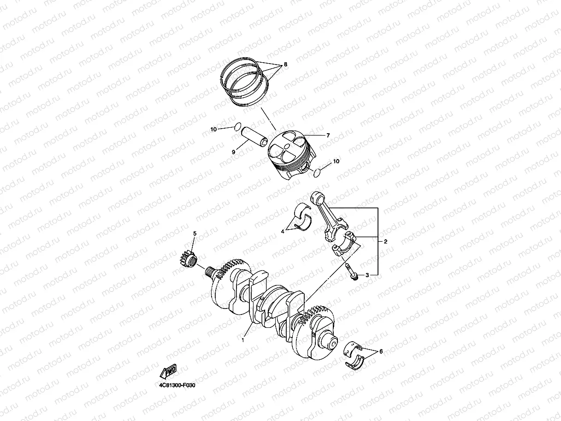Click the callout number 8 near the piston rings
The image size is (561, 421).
(285, 65)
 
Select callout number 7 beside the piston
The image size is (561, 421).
(328, 136)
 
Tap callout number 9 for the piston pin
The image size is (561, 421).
(233, 152)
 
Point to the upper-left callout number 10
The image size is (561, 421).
(213, 130)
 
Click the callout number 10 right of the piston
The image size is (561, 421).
(336, 161)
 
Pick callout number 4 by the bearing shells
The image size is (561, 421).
(283, 231)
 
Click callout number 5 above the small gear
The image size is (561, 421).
(195, 233)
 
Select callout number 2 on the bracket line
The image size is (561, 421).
(386, 241)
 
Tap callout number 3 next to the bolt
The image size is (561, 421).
(367, 275)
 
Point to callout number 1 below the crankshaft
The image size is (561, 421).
(243, 340)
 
